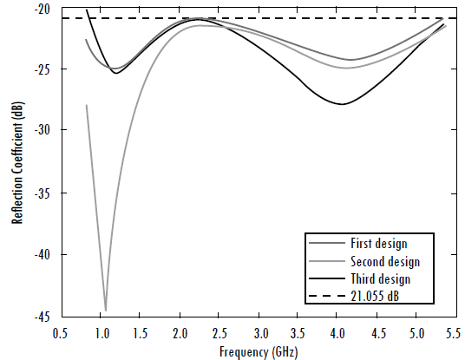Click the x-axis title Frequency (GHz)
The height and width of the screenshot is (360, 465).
(x=259, y=350)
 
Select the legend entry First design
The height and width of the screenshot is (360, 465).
(x=378, y=244)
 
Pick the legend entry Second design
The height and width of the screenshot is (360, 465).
(x=385, y=261)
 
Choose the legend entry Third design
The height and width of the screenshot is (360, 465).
(x=380, y=279)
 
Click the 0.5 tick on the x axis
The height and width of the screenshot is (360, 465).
(x=60, y=332)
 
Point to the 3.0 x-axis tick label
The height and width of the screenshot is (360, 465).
(x=259, y=332)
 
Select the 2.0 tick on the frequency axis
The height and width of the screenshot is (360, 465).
(x=180, y=332)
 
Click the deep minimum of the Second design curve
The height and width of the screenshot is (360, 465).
(x=106, y=310)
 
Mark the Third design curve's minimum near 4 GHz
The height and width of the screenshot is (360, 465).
(x=344, y=104)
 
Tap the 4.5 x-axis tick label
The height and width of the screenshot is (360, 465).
(x=377, y=332)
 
